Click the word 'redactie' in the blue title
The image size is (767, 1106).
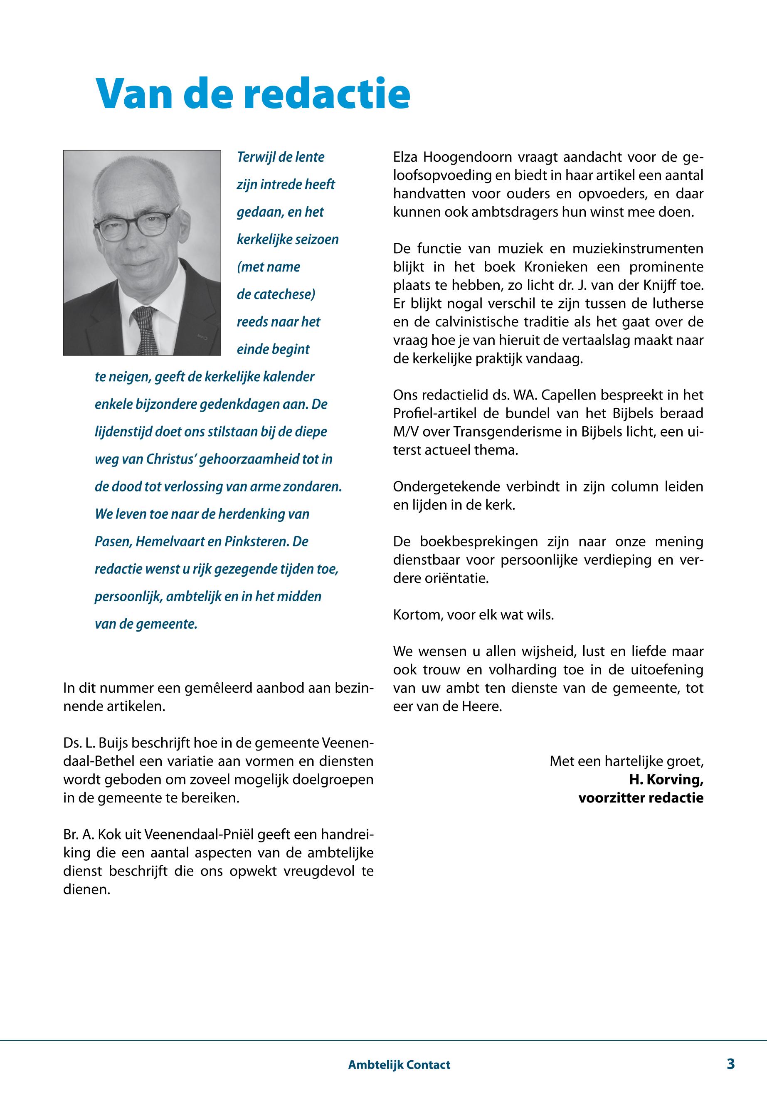327,94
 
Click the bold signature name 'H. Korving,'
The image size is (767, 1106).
666,780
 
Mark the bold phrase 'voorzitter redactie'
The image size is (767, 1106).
641,798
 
